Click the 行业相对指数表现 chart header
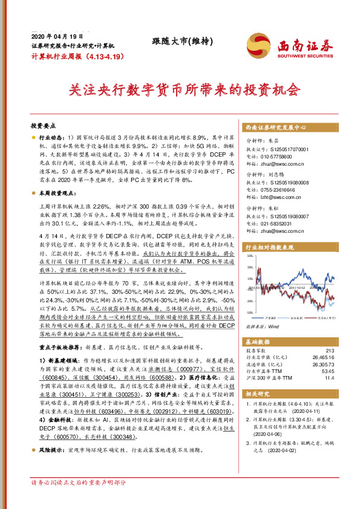(269, 248)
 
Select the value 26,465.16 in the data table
(321, 358)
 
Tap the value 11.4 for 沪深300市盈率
(329, 378)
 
